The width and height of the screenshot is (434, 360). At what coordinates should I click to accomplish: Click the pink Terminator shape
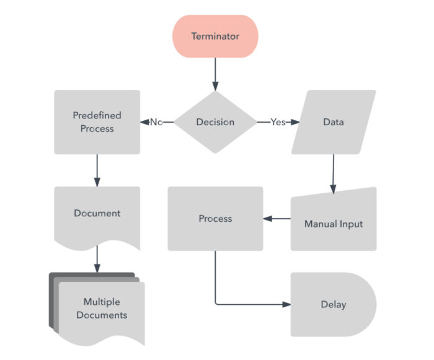(215, 37)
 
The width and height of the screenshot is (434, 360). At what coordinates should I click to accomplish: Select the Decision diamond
(215, 122)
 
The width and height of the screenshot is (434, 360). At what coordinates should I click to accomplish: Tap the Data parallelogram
(334, 122)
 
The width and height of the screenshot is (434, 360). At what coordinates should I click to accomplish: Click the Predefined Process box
(97, 122)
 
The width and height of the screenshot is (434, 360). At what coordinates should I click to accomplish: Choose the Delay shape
(332, 304)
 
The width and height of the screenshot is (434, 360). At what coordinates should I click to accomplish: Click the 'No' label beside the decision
(156, 122)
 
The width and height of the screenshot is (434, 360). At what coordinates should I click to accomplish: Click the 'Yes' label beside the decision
(278, 122)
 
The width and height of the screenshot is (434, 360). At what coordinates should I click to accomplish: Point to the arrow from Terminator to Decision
(215, 74)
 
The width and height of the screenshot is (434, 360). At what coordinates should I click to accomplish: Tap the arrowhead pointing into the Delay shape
(286, 304)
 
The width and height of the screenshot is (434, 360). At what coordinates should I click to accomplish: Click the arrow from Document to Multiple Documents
(97, 259)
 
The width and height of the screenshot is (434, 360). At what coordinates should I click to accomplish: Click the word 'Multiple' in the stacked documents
(102, 302)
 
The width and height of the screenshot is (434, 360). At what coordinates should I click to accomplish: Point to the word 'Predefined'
(97, 115)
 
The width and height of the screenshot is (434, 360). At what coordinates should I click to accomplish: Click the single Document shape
(97, 214)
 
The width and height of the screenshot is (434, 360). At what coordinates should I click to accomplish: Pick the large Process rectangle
(215, 219)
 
